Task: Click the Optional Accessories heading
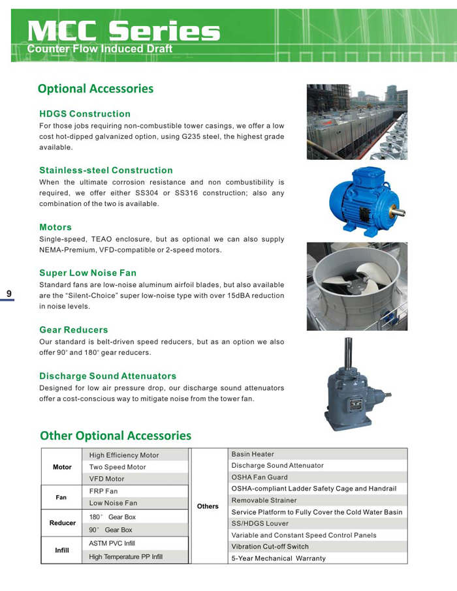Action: coord(95,89)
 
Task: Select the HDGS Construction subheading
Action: coord(85,114)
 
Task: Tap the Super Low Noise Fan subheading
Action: coord(87,273)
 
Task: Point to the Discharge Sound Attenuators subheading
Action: coord(108,376)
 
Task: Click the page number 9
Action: coord(9,294)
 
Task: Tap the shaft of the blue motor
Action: coord(398,212)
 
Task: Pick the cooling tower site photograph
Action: coord(356,121)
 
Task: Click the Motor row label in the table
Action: coord(62,467)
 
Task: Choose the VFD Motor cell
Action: coord(106,479)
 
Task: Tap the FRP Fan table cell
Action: coord(104,491)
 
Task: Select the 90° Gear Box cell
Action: coord(111,530)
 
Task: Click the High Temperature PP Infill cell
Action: coord(125,557)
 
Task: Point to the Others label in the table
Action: coord(208,506)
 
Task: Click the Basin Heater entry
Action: coord(253,454)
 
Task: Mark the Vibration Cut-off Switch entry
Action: coord(270,547)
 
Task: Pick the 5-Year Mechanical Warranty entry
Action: coord(278,558)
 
